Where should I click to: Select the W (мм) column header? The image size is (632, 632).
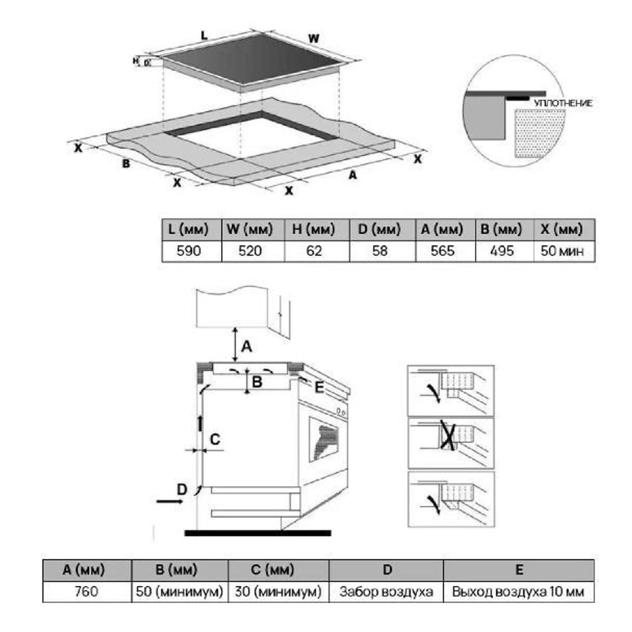pyautogui.click(x=249, y=229)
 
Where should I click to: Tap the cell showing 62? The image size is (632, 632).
pyautogui.click(x=314, y=251)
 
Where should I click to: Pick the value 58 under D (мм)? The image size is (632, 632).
pyautogui.click(x=380, y=251)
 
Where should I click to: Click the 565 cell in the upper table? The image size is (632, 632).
pyautogui.click(x=442, y=251)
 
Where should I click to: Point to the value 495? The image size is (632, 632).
pyautogui.click(x=502, y=251)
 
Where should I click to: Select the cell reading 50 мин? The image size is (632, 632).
pyautogui.click(x=562, y=251)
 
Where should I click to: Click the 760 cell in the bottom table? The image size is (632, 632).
pyautogui.click(x=86, y=592)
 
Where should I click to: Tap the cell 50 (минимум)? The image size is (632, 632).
pyautogui.click(x=179, y=592)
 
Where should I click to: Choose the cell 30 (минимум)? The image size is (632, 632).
pyautogui.click(x=278, y=592)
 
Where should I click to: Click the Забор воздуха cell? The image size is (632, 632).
pyautogui.click(x=386, y=592)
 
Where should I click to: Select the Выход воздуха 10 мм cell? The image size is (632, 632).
pyautogui.click(x=518, y=592)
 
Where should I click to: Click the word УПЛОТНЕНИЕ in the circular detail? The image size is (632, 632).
pyautogui.click(x=563, y=104)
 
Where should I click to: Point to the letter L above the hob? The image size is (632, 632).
pyautogui.click(x=204, y=35)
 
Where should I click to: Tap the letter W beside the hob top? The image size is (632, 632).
pyautogui.click(x=314, y=39)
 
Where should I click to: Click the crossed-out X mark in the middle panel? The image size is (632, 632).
pyautogui.click(x=447, y=435)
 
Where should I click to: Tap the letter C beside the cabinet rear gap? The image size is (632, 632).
pyautogui.click(x=215, y=439)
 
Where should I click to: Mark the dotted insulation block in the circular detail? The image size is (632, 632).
pyautogui.click(x=540, y=133)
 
